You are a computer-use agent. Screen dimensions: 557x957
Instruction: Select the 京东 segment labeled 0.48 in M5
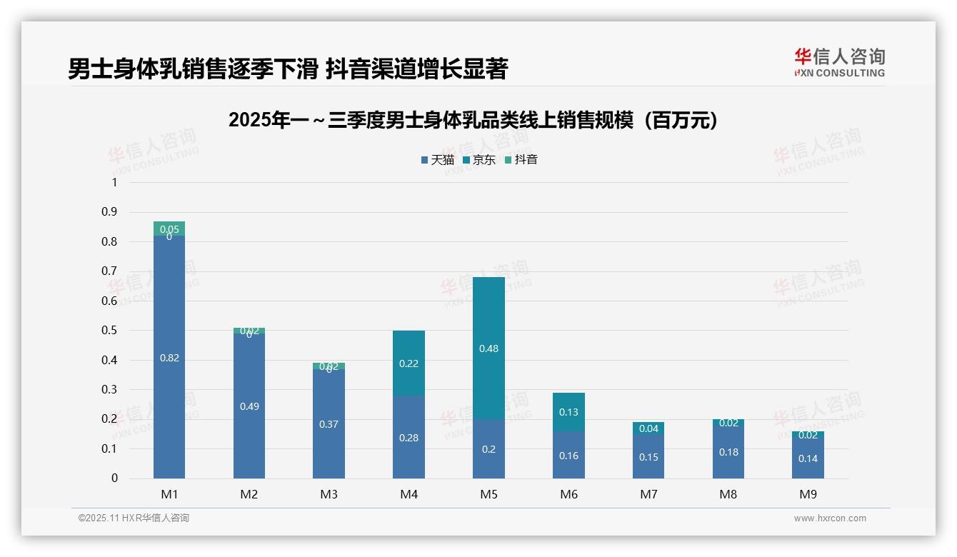pos(489,321)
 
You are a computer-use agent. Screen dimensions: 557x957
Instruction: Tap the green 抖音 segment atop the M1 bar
pos(169,227)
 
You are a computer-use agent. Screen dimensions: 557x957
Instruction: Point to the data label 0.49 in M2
pos(249,406)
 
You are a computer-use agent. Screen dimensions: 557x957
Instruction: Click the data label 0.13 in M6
pos(568,412)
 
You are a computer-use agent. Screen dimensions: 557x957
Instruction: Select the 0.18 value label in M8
pos(728,452)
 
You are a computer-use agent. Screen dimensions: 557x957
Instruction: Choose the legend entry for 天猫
pos(437,160)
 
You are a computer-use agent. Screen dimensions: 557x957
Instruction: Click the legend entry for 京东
pos(479,160)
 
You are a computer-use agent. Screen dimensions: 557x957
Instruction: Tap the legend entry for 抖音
pos(521,160)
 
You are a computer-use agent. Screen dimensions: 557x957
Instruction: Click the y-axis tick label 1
pos(114,183)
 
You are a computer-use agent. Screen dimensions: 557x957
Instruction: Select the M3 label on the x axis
pos(329,494)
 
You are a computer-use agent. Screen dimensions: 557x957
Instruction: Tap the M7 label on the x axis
pos(648,494)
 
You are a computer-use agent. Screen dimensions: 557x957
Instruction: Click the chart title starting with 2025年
pos(473,121)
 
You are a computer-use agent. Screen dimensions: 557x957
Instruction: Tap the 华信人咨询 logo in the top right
pos(839,62)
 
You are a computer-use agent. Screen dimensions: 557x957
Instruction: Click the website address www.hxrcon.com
pos(830,518)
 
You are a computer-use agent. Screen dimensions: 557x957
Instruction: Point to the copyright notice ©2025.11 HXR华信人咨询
pos(134,518)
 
